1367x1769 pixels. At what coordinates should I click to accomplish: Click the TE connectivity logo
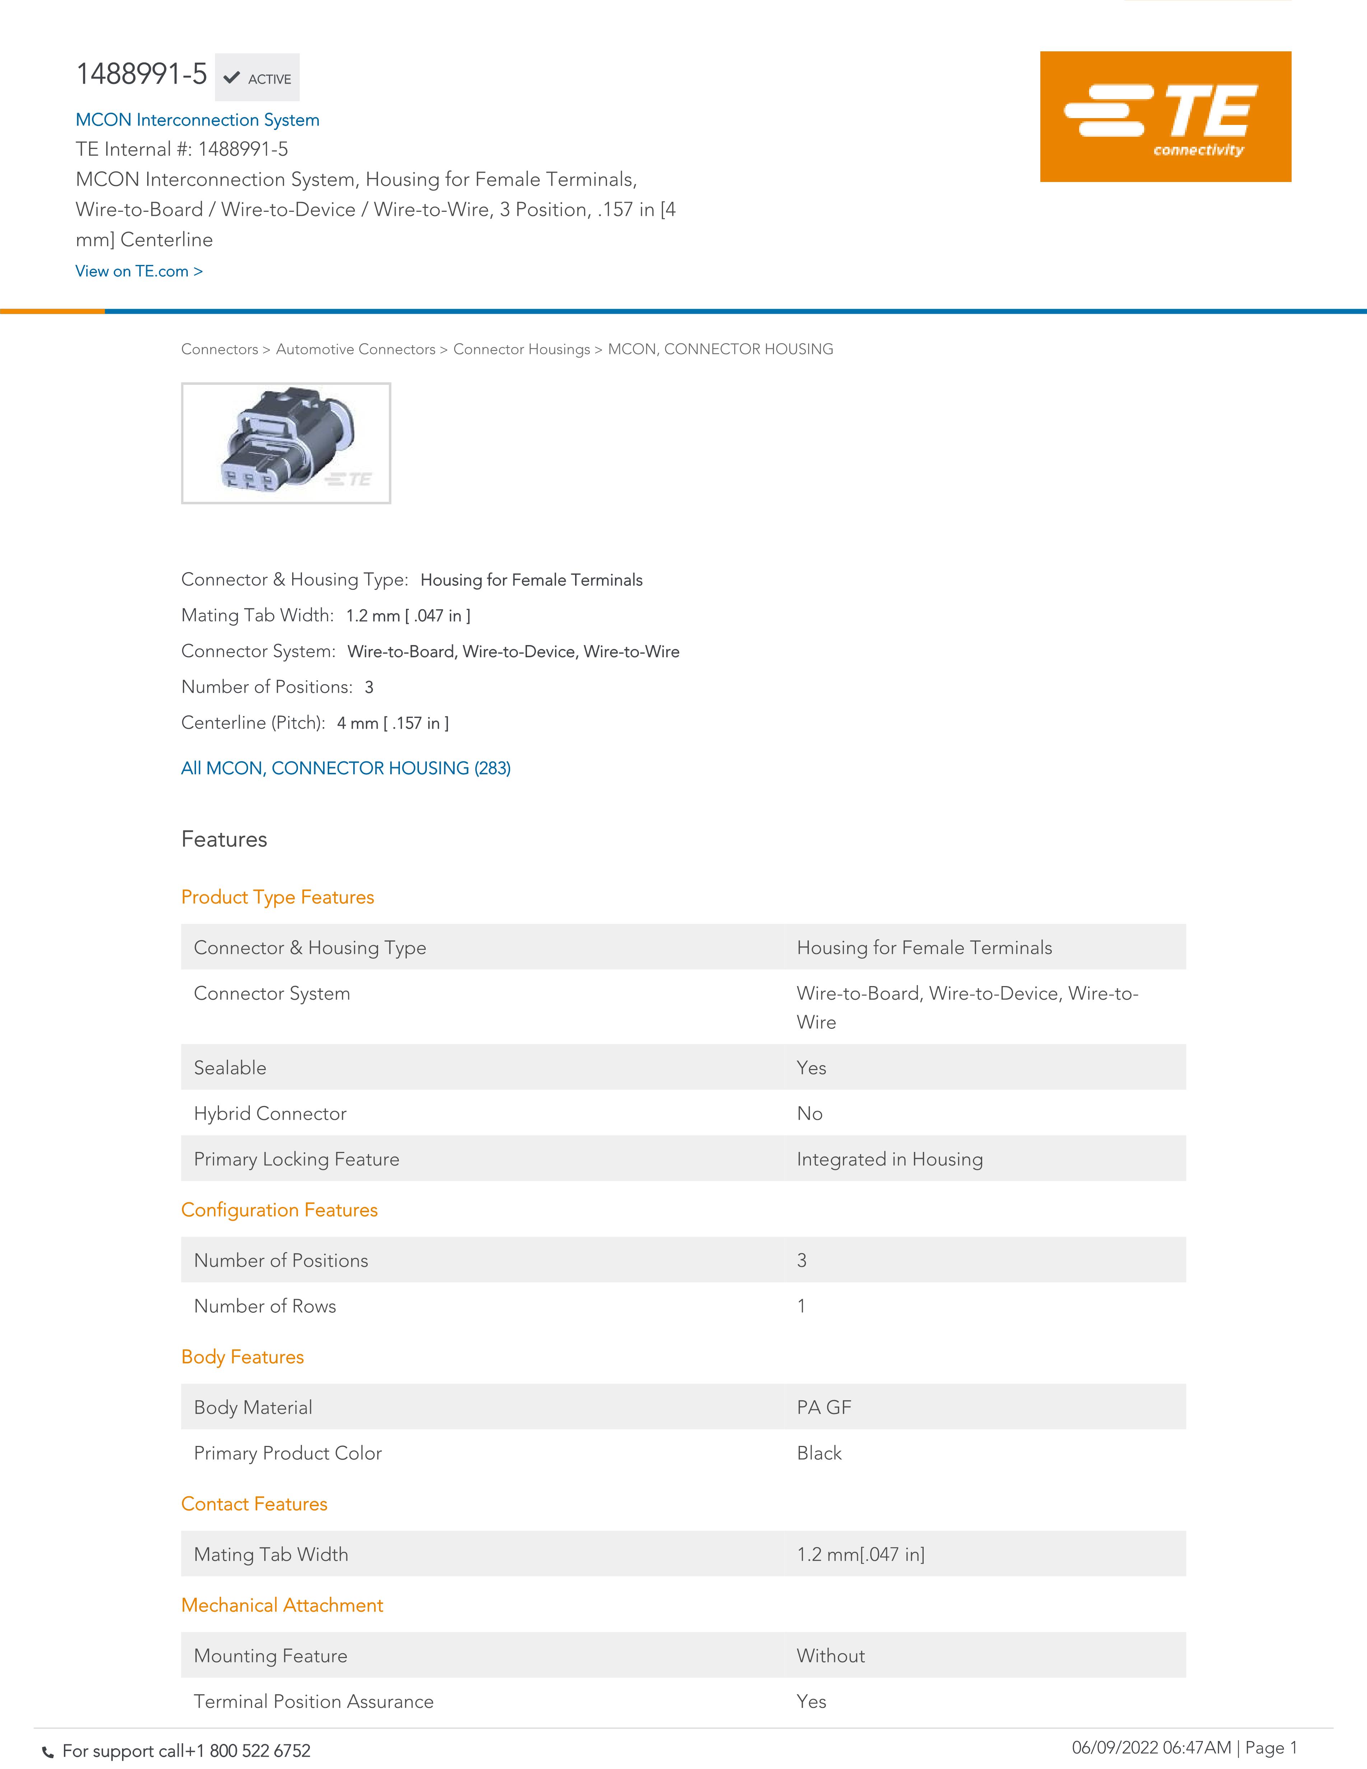tap(1165, 117)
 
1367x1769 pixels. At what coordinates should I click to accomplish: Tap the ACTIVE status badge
tap(257, 78)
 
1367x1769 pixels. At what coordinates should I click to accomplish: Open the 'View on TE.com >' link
tap(139, 271)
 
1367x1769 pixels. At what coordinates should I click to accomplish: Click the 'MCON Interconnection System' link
tap(197, 120)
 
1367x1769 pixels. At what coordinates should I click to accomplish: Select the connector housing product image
tap(286, 443)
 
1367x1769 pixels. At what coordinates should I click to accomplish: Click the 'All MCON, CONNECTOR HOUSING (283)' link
tap(346, 768)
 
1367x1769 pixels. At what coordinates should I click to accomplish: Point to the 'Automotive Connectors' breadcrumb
tap(355, 349)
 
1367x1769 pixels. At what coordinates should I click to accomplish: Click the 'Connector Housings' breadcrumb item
tap(522, 349)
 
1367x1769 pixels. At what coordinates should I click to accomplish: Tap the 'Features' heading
tap(224, 839)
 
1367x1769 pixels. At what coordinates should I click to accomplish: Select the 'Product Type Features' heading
tap(278, 897)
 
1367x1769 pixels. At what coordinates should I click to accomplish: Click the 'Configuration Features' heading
tap(279, 1209)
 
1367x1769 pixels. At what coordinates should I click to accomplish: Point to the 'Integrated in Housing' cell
tap(889, 1159)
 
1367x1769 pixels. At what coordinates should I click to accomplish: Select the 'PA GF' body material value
tap(824, 1407)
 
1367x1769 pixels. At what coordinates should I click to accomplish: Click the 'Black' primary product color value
tap(819, 1453)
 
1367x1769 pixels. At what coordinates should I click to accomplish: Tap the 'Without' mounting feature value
tap(830, 1656)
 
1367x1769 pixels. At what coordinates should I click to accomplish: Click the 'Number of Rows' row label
tap(265, 1306)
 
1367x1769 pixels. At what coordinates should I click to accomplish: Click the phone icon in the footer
tap(48, 1752)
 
